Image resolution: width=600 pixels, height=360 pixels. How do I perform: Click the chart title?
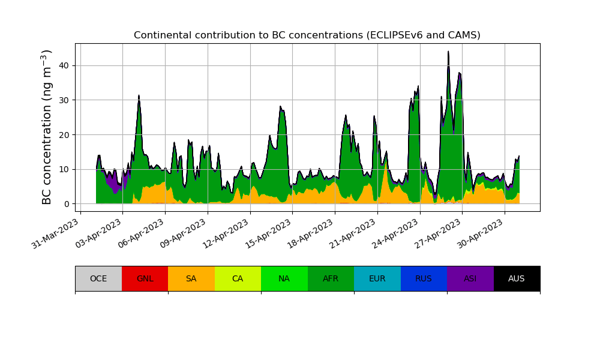[x=307, y=35]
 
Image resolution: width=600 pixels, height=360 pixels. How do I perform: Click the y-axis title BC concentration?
[x=47, y=127]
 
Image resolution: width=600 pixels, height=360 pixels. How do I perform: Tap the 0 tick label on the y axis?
[x=67, y=204]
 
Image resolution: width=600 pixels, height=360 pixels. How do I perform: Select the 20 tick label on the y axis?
[x=63, y=135]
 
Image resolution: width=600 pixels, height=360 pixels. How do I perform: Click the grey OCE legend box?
[x=98, y=278]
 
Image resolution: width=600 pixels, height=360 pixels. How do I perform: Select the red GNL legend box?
[x=145, y=278]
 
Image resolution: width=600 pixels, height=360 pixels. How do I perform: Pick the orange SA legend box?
[x=191, y=278]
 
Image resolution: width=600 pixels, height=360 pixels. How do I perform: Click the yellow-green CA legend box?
[x=238, y=278]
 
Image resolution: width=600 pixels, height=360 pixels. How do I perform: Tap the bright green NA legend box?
[x=284, y=278]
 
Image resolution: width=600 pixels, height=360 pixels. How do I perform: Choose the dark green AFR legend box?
[x=331, y=278]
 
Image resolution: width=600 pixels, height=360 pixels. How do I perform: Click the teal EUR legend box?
[x=377, y=278]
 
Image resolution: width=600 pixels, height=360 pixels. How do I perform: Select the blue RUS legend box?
[x=424, y=278]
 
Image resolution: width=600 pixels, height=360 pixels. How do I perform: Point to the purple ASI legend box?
[x=470, y=278]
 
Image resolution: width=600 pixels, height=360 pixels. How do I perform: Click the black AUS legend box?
[x=517, y=278]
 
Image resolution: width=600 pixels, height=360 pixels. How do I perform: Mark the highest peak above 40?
[x=448, y=52]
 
